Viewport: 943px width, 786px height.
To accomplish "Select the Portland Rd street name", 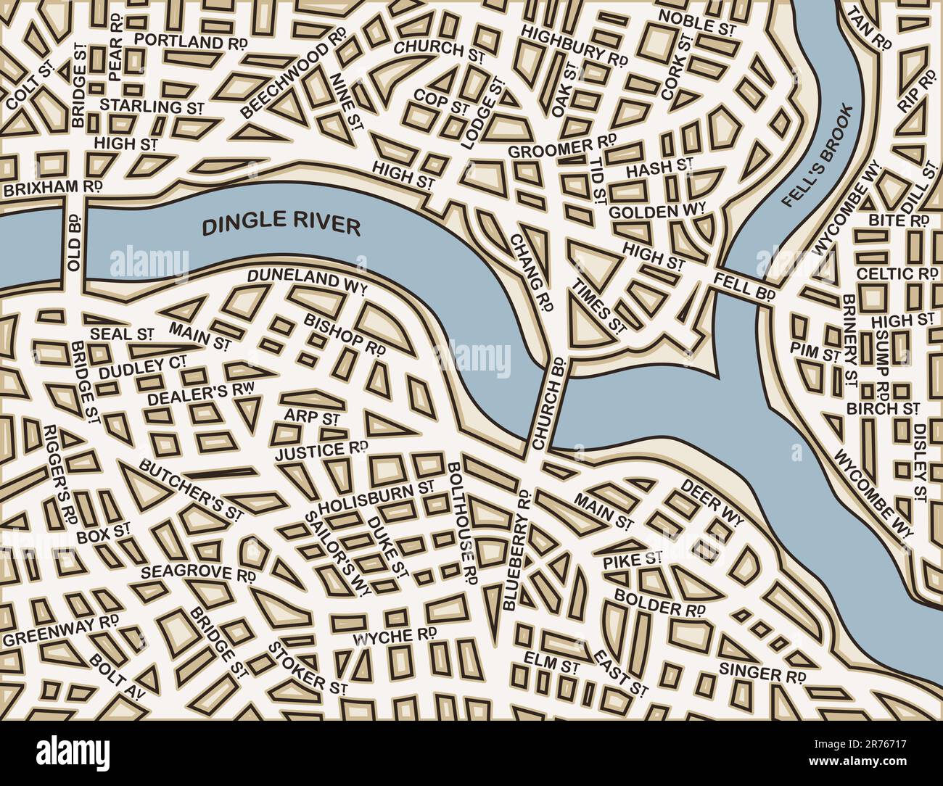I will tap(191, 41).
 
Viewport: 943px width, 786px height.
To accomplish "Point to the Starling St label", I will tap(151, 106).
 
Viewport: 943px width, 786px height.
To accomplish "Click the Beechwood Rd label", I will tap(294, 82).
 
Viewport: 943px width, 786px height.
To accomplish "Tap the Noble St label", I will tap(697, 23).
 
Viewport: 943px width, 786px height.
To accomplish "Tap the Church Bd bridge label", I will tap(549, 403).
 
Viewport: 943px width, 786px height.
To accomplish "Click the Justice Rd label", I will tap(321, 451).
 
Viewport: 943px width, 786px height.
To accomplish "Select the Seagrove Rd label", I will tap(197, 572).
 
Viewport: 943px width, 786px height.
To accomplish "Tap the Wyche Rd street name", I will tap(394, 637).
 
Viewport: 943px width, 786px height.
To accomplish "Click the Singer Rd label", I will tap(762, 671).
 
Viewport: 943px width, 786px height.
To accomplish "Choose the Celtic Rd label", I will tap(897, 274).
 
